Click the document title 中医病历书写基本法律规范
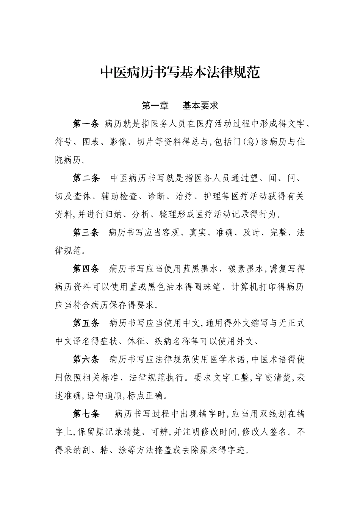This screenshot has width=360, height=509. pos(180,72)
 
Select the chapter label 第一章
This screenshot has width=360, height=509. pos(155,106)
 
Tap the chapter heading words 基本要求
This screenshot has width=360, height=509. pos(200,106)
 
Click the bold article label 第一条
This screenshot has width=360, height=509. pos(86,124)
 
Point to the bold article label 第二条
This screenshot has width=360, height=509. pos(86,178)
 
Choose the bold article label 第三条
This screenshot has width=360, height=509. pos(86,232)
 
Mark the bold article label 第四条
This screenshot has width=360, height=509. pos(86,269)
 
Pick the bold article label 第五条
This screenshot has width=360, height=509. pos(86,323)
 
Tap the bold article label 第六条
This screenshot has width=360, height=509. pos(86,359)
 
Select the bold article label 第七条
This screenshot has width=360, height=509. pos(86,414)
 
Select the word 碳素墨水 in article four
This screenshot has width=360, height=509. pos(245,269)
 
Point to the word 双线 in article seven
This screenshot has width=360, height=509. pos(264,414)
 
